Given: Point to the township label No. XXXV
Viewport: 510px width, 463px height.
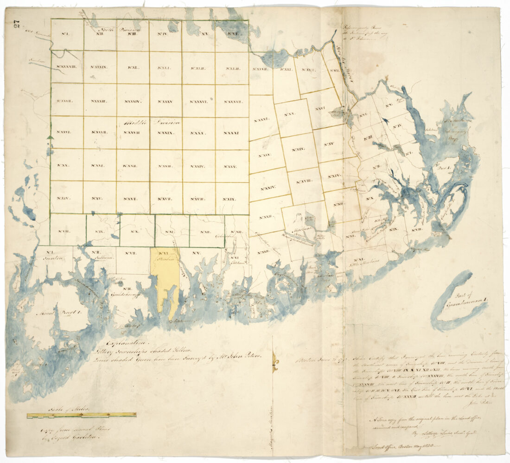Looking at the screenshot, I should pyautogui.click(x=165, y=101).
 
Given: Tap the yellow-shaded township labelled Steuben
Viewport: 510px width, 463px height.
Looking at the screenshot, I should pyautogui.click(x=165, y=278).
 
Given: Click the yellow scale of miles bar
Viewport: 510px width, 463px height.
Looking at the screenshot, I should pyautogui.click(x=81, y=415).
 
